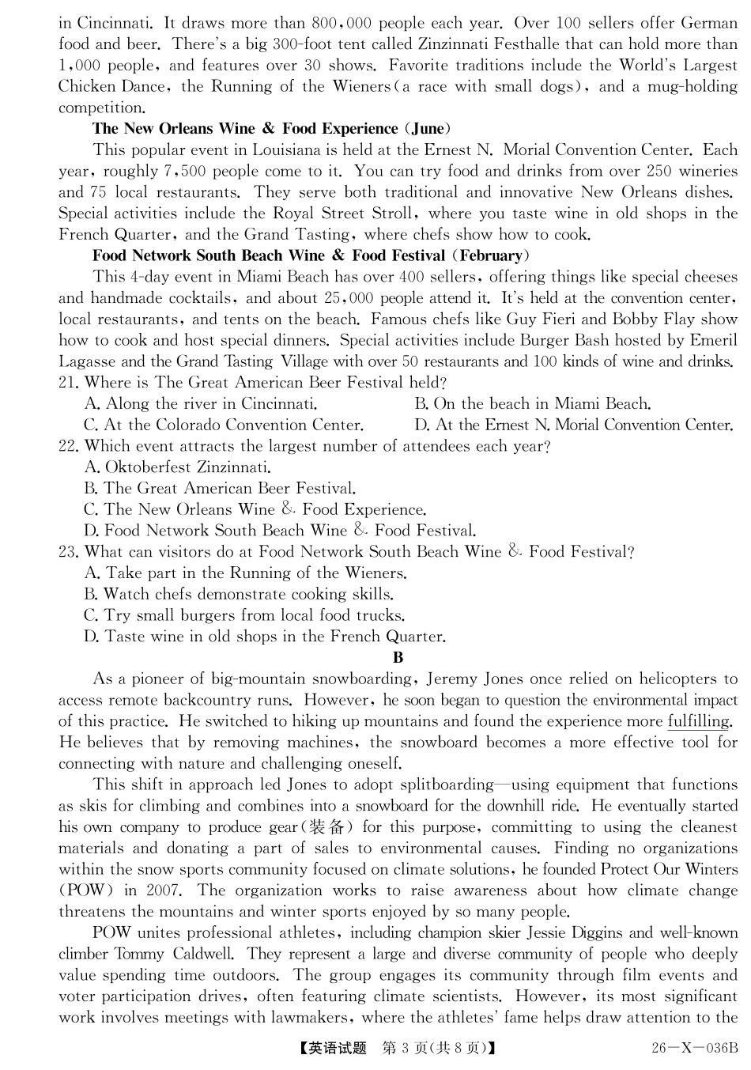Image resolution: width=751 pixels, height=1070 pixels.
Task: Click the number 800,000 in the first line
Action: [x=342, y=23]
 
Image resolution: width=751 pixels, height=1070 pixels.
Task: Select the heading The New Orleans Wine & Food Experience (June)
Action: [x=272, y=129]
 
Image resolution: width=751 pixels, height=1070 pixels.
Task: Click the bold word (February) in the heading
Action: [x=490, y=255]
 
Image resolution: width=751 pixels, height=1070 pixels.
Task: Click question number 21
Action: [x=69, y=383]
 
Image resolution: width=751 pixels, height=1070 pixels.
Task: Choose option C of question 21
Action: [x=224, y=425]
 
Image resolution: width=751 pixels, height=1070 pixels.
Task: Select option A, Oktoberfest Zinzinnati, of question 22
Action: [x=178, y=467]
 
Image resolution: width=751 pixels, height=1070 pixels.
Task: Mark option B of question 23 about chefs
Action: [x=239, y=595]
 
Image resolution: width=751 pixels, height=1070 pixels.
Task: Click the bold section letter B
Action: [x=398, y=658]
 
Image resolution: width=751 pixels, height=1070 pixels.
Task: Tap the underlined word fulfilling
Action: [x=699, y=721]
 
